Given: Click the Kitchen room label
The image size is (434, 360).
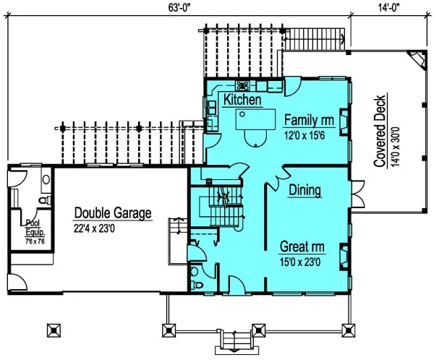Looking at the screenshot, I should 242,100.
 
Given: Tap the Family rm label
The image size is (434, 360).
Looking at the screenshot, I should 310,119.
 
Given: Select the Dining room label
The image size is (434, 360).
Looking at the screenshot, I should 305,190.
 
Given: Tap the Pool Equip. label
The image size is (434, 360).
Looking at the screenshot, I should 33,227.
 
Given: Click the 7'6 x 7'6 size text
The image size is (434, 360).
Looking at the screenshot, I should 33,241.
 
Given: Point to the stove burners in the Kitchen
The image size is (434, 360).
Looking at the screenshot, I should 243,85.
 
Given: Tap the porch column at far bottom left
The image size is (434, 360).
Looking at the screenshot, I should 51,329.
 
